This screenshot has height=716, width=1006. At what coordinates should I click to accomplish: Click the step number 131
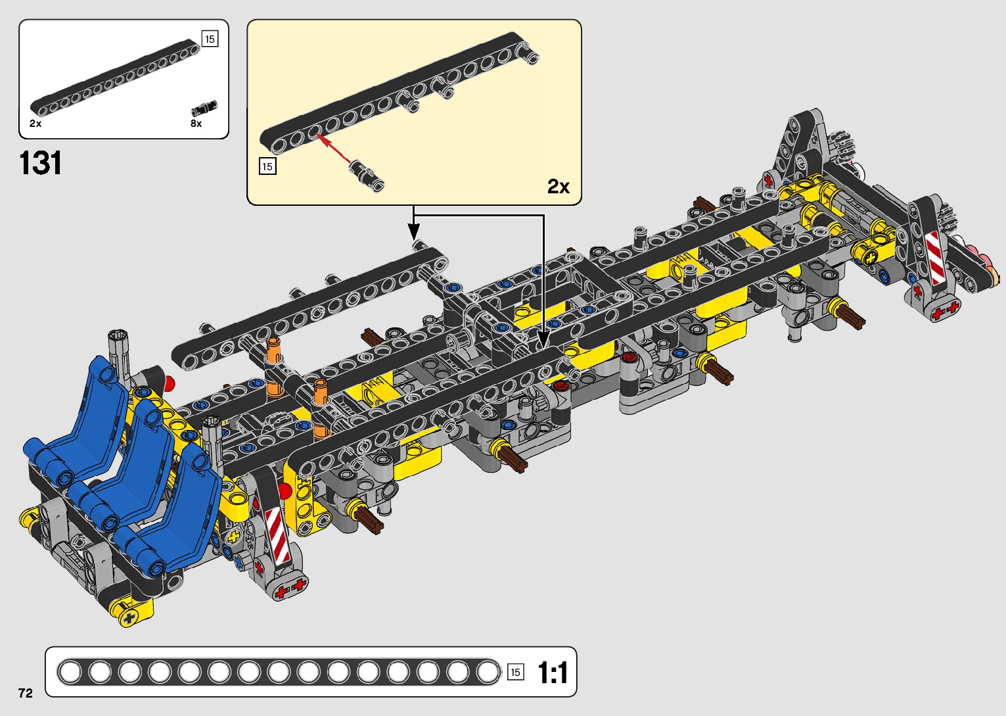click(41, 163)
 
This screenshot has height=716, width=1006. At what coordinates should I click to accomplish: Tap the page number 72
click(26, 693)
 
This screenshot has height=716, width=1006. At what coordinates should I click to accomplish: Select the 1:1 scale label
click(553, 673)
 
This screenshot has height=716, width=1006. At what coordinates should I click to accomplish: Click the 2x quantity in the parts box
click(35, 124)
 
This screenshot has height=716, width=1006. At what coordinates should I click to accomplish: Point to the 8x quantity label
click(196, 124)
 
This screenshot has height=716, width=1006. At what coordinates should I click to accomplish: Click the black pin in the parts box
click(204, 108)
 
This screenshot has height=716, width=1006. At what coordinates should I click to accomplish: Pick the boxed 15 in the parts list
click(210, 39)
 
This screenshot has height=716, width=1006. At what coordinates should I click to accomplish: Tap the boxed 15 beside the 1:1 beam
click(516, 672)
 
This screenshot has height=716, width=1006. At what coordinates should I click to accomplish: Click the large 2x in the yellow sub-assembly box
click(558, 187)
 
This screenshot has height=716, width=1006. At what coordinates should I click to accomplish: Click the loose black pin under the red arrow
click(367, 175)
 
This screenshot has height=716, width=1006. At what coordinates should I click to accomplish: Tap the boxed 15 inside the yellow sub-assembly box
click(267, 166)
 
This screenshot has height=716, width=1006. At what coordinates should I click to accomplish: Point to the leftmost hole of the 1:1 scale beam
click(70, 673)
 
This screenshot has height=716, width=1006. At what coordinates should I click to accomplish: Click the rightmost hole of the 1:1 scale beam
click(488, 673)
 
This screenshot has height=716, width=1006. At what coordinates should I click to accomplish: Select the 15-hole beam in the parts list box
click(115, 79)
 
